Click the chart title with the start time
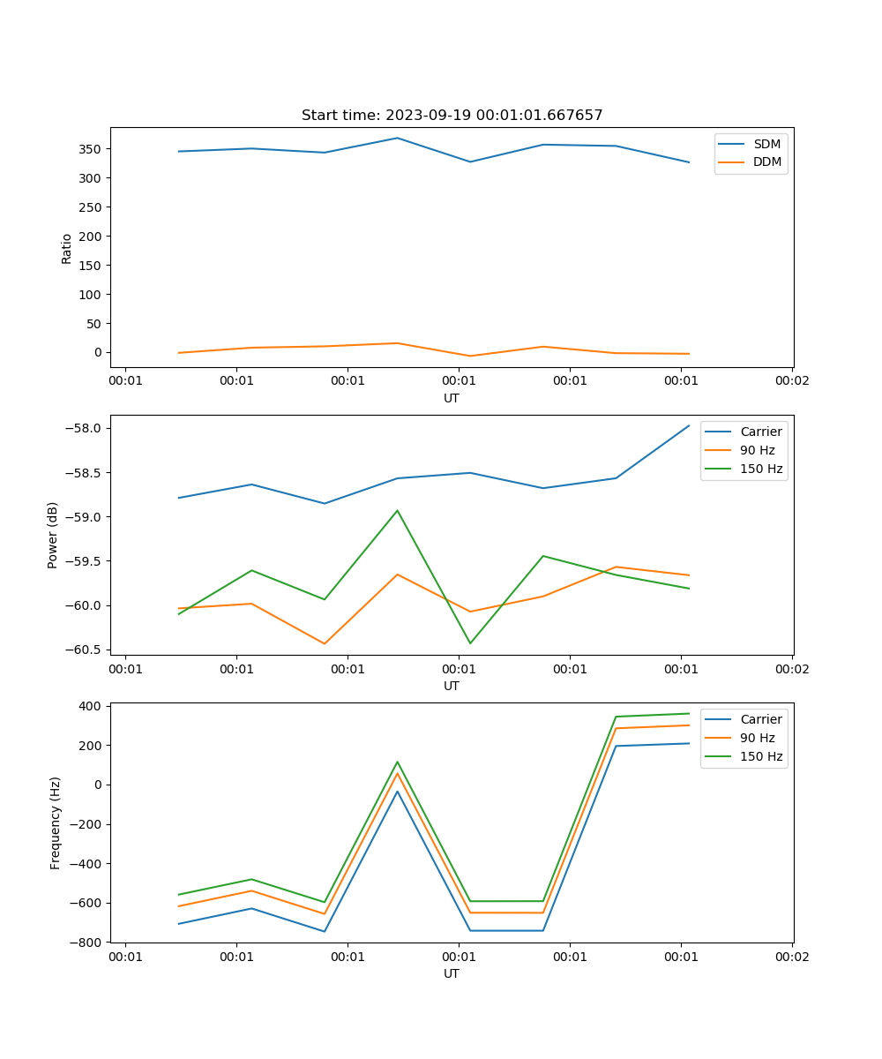point(452,116)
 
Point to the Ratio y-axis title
point(67,248)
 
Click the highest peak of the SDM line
point(397,138)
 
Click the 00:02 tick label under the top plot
point(791,381)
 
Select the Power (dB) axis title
point(54,535)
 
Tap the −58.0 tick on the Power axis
point(85,429)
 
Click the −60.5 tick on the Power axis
point(85,650)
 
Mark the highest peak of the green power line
point(397,510)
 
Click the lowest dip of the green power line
point(470,643)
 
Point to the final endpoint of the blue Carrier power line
point(689,425)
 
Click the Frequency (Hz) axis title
point(56,822)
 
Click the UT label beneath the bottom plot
point(452,974)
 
